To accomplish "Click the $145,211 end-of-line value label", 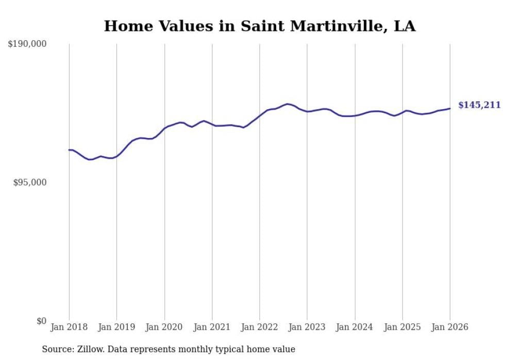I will pos(479,105).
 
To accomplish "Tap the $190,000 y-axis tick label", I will pos(27,44).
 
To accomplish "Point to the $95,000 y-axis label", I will pos(29,182).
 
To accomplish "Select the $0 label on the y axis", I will pos(41,321).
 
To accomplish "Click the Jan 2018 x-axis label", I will pos(69,327).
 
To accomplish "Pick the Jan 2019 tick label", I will pos(116,327).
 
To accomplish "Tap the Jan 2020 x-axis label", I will pos(164,327).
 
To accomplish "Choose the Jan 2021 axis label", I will pos(212,327).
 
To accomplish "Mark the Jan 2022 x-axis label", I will pos(260,327).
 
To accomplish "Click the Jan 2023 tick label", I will pos(307,327).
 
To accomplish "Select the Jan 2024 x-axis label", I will pos(355,327).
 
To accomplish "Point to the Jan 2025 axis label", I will pos(402,327).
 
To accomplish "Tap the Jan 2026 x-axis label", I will pos(450,327).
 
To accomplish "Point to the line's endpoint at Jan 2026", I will pos(450,108).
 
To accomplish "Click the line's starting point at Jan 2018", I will pos(69,150).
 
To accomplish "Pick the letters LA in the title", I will pos(406,26).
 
